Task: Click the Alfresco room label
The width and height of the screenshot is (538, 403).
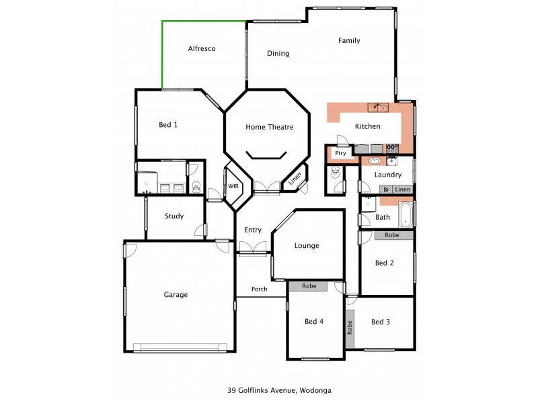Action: tap(201, 49)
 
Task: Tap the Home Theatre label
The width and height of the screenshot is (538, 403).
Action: tap(269, 127)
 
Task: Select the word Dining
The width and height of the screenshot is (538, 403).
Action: tap(278, 54)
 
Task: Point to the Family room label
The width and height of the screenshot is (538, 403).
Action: tap(349, 41)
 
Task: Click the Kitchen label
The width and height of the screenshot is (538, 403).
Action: tap(367, 126)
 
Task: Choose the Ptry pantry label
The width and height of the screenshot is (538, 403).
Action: tap(340, 153)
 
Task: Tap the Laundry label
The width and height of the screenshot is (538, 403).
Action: tap(389, 175)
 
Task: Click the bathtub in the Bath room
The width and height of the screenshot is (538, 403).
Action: tap(405, 215)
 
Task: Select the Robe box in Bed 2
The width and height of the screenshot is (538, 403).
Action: tap(391, 236)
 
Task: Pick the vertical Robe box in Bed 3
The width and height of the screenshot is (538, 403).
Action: tap(350, 328)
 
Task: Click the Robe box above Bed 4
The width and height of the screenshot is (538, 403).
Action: tap(309, 286)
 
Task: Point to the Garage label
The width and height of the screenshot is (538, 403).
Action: tap(176, 294)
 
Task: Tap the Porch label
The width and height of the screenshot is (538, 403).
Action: tap(260, 289)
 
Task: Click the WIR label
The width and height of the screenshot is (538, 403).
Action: tap(233, 186)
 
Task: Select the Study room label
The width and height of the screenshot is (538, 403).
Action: tap(174, 216)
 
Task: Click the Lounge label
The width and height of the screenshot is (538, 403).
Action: tap(307, 246)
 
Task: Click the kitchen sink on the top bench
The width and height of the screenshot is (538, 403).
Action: tap(377, 107)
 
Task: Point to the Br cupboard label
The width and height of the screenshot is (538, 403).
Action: tap(386, 190)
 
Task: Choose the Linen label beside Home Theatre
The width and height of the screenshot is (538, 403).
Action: tap(295, 179)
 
